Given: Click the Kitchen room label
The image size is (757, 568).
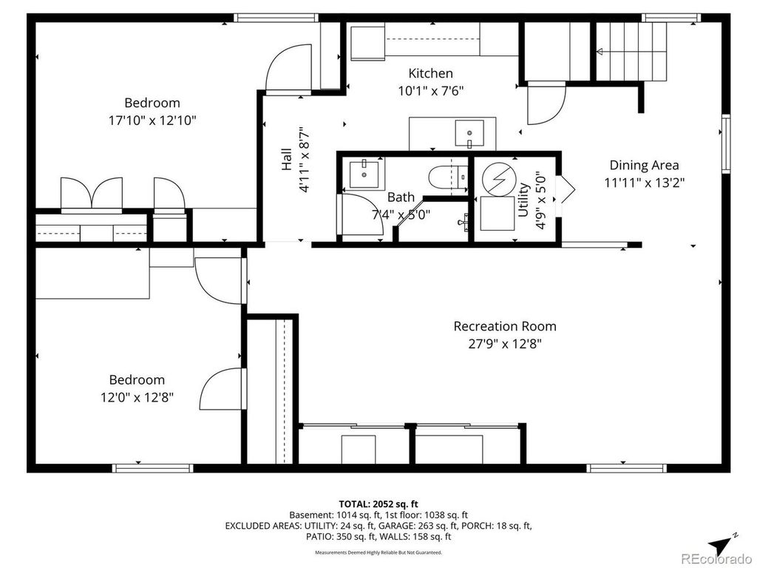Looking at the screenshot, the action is pyautogui.click(x=431, y=73).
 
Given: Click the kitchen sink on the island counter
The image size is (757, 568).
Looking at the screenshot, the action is pyautogui.click(x=469, y=134).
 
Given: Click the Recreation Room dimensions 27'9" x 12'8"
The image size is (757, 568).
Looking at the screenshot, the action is pyautogui.click(x=505, y=344).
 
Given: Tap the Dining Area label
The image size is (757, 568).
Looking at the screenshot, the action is pyautogui.click(x=644, y=165).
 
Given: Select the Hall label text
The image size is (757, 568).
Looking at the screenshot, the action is pyautogui.click(x=287, y=159).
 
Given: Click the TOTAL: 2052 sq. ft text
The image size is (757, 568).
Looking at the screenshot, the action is pyautogui.click(x=378, y=504).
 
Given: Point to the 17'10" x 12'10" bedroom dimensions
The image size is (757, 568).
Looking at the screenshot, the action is pyautogui.click(x=152, y=121).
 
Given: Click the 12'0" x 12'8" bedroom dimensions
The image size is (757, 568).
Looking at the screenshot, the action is pyautogui.click(x=137, y=397).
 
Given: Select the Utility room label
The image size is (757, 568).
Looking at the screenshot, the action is pyautogui.click(x=523, y=200).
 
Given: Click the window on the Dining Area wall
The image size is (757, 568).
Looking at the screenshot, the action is pyautogui.click(x=726, y=143).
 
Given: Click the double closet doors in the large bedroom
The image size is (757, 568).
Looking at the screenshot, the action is pyautogui.click(x=91, y=195).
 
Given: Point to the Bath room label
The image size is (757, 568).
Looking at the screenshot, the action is pyautogui.click(x=401, y=197).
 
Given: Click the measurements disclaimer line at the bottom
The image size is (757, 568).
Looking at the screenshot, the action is pyautogui.click(x=378, y=552).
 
